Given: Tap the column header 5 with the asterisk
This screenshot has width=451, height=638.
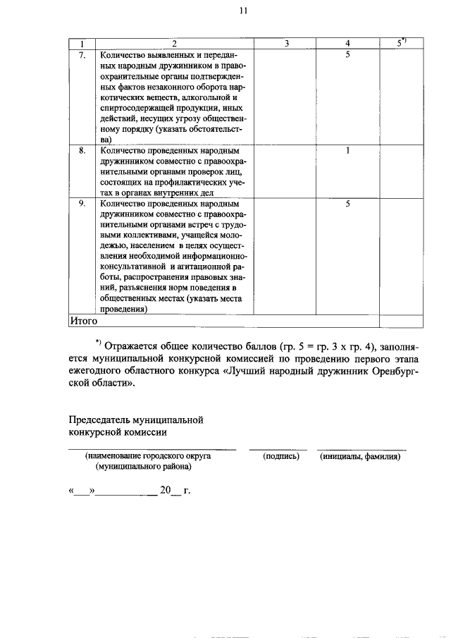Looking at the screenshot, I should pyautogui.click(x=401, y=43).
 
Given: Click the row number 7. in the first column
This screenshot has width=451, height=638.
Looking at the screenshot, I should pyautogui.click(x=82, y=54).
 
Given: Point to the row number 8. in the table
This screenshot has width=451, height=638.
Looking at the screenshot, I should pyautogui.click(x=82, y=150).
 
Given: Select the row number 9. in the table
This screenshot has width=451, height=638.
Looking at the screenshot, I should pyautogui.click(x=82, y=203).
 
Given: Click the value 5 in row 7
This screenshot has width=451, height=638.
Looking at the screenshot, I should pyautogui.click(x=348, y=54).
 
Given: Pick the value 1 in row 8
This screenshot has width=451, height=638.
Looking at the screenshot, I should pyautogui.click(x=348, y=150).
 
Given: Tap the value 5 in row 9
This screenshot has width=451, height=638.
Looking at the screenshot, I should pyautogui.click(x=348, y=203).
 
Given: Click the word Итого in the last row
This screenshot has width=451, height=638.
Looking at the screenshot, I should pyautogui.click(x=84, y=321).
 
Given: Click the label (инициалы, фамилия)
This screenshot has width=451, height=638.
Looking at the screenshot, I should pyautogui.click(x=360, y=456).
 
